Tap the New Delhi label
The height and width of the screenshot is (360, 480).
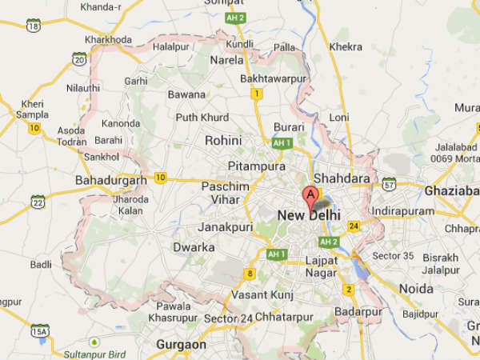[308, 216]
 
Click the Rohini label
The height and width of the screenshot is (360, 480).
[223, 140]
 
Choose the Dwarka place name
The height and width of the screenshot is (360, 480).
[194, 247]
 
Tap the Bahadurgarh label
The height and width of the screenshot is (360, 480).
[110, 181]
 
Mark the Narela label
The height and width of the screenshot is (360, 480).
[226, 60]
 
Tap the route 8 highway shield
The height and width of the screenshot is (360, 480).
[250, 274]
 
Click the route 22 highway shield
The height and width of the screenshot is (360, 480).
[37, 201]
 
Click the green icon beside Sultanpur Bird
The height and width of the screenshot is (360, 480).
[95, 342]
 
